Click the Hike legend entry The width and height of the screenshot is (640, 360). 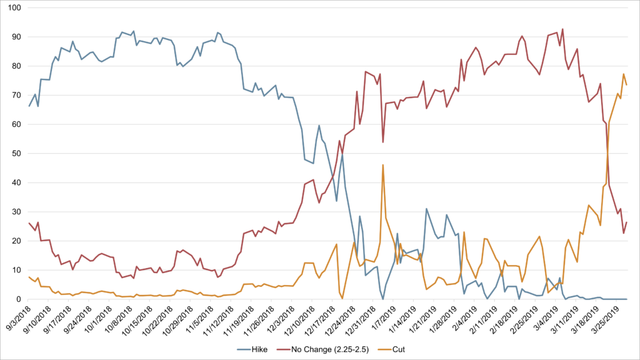tap(252, 349)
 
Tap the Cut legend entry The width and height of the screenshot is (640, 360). tap(391, 349)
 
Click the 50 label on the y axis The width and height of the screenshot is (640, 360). tap(16, 154)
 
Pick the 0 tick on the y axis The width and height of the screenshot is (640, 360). tap(18, 299)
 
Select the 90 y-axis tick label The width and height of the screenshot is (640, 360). tap(16, 37)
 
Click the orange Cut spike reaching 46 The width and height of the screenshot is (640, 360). tap(383, 165)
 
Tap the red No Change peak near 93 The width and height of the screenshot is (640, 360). tap(562, 29)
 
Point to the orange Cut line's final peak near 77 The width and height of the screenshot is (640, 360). tap(624, 74)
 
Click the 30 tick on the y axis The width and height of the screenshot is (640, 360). tap(16, 212)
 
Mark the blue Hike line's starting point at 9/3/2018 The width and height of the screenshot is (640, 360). tap(29, 106)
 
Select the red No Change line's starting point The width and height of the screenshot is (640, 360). tap(29, 223)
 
